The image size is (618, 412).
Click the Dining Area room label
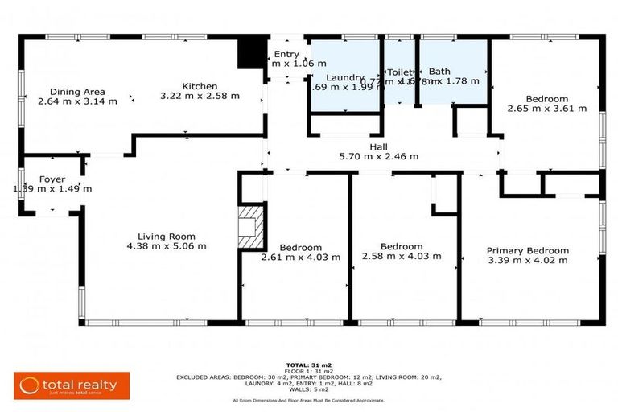coord(77,92)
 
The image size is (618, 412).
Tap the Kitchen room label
coord(200,86)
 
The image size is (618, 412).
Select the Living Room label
coord(167,237)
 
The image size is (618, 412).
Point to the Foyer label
coord(52,179)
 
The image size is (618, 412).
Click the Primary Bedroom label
coord(528,250)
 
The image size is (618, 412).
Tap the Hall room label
coord(379,147)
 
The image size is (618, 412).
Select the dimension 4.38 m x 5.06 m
coord(167,246)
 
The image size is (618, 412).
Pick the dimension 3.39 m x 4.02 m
coord(528,260)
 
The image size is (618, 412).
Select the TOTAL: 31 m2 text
coord(309,365)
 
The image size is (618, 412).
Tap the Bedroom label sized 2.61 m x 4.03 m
coord(300,247)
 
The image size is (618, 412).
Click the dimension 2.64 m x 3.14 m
coord(77,101)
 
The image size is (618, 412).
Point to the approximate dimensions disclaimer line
coord(309,400)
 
